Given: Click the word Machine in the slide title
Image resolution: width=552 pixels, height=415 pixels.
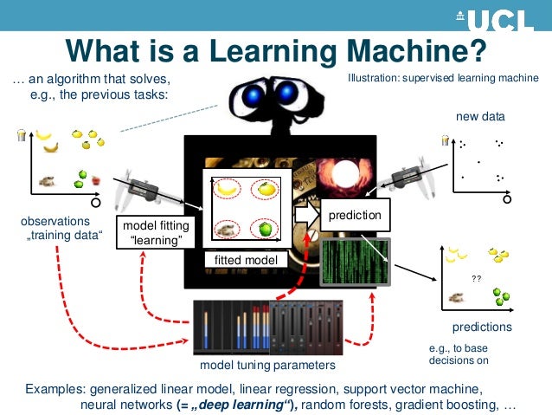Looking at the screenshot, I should tap(413, 50).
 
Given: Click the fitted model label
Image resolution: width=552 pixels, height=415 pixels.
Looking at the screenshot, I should tap(246, 260).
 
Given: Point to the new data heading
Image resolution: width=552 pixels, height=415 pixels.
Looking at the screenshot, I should tap(480, 116).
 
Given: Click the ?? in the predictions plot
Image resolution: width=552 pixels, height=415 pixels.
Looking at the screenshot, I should tap(476, 279).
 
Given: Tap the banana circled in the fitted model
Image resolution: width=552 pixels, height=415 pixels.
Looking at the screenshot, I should tap(228, 187).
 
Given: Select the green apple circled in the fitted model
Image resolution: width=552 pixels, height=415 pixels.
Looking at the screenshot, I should tap(266, 229).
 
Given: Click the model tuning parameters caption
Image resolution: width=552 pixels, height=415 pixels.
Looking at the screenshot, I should tap(267, 366).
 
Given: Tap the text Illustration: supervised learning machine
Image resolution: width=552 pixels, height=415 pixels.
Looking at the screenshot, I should tap(443, 78).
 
